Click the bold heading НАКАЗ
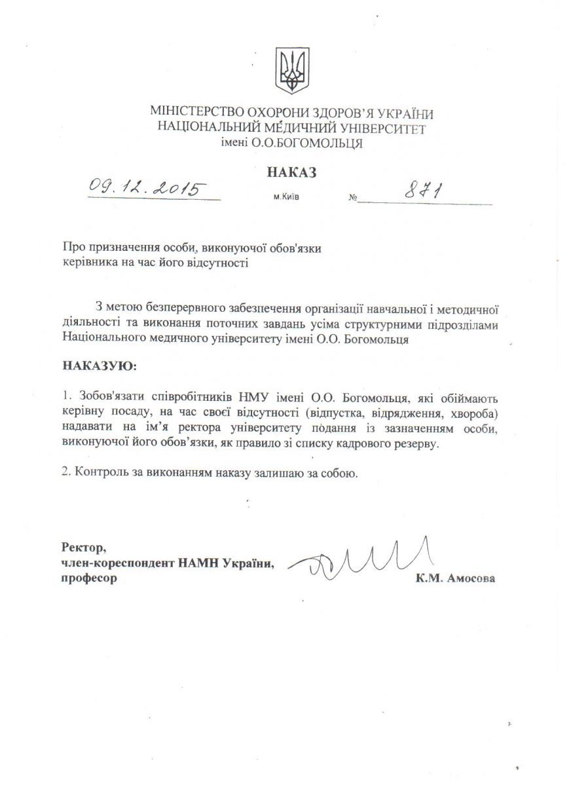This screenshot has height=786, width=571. pos(291,172)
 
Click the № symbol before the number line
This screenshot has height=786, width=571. pos(353,197)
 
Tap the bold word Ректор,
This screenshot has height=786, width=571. pos(83,547)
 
